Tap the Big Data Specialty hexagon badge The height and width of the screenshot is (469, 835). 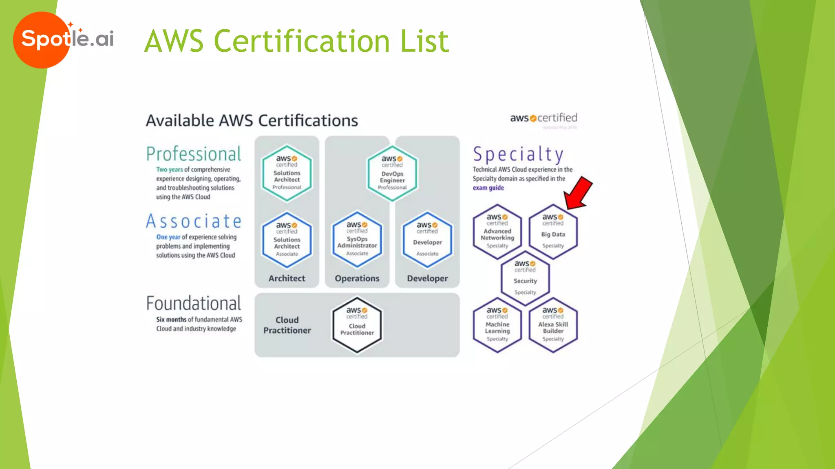tap(553, 232)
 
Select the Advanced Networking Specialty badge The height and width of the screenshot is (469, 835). tap(497, 232)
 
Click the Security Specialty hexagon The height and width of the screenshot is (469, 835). tap(525, 278)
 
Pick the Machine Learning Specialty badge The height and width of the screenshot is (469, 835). tap(497, 325)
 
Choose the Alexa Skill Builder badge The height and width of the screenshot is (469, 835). tap(553, 325)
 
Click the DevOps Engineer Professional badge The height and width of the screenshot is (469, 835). tap(392, 173)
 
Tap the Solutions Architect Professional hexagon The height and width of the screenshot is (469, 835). tap(287, 173)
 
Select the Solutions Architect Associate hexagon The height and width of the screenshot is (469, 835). tap(287, 240)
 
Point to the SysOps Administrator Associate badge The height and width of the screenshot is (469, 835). tap(357, 240)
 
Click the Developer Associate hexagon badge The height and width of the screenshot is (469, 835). tap(427, 240)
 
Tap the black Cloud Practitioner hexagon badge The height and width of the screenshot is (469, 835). tap(357, 324)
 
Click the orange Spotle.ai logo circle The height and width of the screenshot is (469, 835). tap(41, 40)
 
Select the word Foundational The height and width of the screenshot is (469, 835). tap(194, 304)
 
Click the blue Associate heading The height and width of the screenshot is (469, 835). tap(194, 221)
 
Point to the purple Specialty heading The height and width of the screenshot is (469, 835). tap(518, 155)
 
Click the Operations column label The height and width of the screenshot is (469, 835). tap(357, 278)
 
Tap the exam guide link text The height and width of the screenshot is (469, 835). tap(488, 188)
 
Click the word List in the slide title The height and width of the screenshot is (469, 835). tap(424, 41)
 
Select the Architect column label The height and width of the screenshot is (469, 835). tap(287, 278)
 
